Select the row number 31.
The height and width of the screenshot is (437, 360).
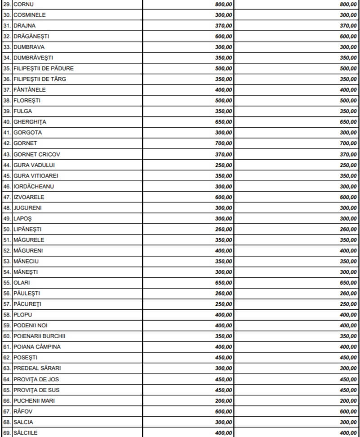(x=7, y=26)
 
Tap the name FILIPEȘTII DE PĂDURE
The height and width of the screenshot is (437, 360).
(x=44, y=68)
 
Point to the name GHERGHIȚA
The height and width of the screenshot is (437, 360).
(x=30, y=122)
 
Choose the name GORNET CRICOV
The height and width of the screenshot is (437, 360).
(x=37, y=154)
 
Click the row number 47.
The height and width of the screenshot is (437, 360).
(x=7, y=197)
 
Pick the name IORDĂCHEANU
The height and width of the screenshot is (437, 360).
(x=34, y=186)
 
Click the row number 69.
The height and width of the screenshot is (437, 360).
(x=7, y=433)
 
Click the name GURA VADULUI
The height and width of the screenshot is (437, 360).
(x=34, y=165)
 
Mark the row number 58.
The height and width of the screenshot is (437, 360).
(x=7, y=315)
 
